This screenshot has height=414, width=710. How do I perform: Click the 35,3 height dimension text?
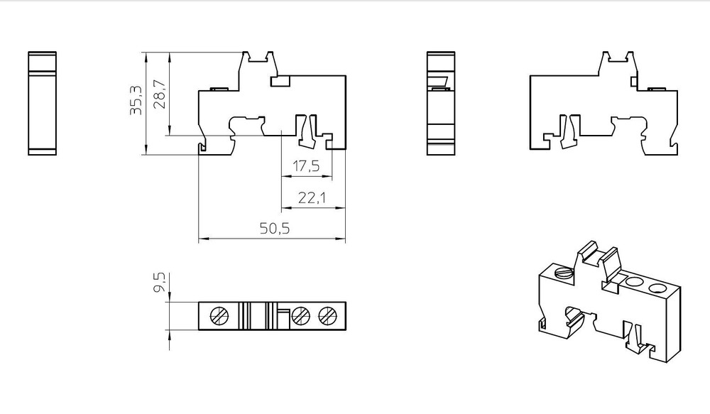(x=136, y=100)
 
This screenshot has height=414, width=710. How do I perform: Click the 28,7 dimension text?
(x=160, y=94)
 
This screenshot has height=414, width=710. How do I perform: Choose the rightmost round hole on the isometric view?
(x=657, y=290)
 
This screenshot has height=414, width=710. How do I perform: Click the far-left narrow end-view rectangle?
(x=42, y=104)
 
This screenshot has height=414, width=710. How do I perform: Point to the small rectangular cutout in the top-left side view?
(x=280, y=82)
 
